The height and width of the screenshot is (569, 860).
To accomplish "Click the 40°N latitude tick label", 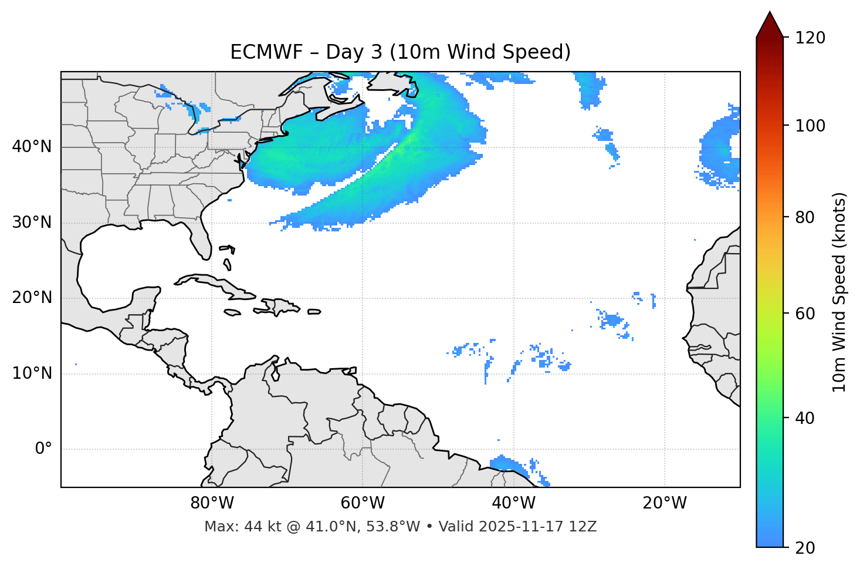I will tap(32, 146).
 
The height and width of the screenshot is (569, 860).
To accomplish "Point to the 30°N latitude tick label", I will tap(32, 223).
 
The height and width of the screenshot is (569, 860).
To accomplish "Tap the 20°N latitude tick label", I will tap(32, 298).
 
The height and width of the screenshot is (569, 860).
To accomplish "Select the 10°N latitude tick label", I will tap(32, 373).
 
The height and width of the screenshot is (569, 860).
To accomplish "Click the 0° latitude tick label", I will tap(43, 449).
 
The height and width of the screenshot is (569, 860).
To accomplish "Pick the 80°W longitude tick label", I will tap(212, 503).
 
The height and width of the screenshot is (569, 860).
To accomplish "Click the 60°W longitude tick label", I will tap(363, 503).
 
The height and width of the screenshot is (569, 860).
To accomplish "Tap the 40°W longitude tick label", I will tap(513, 503).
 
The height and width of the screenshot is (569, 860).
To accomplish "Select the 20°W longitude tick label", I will tap(665, 503).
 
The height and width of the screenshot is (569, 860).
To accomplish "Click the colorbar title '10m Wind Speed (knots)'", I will tap(839, 292).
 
